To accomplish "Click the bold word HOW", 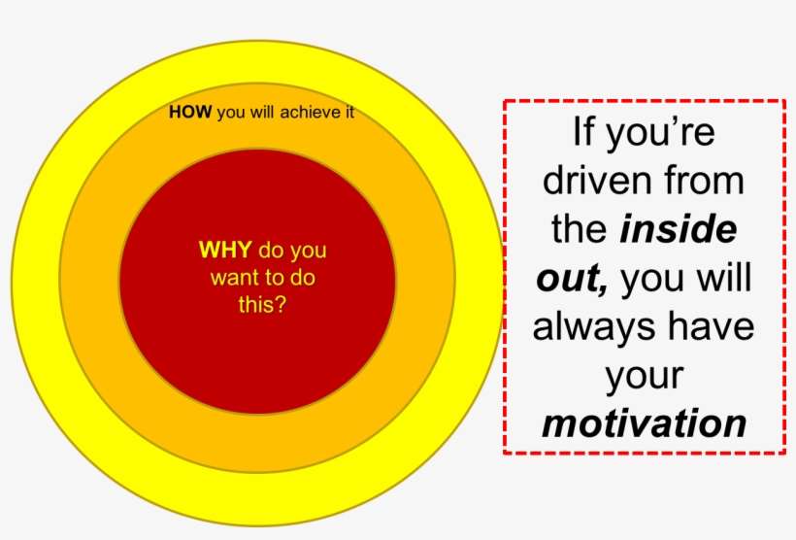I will pyautogui.click(x=190, y=113).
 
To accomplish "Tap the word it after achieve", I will pyautogui.click(x=348, y=113).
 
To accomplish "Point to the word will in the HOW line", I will pyautogui.click(x=263, y=113).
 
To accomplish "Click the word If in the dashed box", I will pyautogui.click(x=583, y=132).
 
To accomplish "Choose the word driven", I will pyautogui.click(x=591, y=181).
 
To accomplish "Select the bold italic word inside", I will pyautogui.click(x=678, y=229).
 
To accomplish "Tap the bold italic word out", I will pyautogui.click(x=572, y=279).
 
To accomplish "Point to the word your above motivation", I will pyautogui.click(x=644, y=376).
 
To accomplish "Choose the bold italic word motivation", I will pyautogui.click(x=644, y=424).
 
